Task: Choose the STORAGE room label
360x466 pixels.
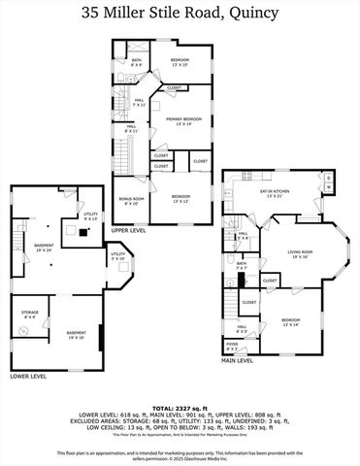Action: tap(29, 315)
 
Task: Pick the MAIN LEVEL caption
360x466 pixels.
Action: tap(238, 360)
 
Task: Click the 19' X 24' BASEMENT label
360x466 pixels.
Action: tap(44, 247)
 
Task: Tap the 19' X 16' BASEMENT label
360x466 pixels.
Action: tap(76, 335)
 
